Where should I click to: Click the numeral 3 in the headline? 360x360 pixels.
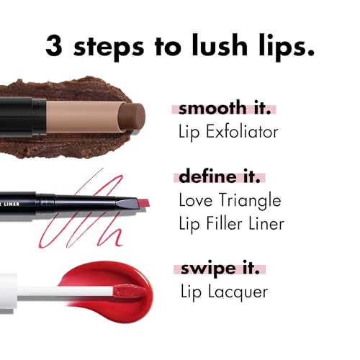[55, 45]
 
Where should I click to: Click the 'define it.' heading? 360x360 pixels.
[218, 177]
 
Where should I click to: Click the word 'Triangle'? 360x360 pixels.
[248, 200]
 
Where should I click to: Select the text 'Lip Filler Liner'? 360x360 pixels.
[230, 222]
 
